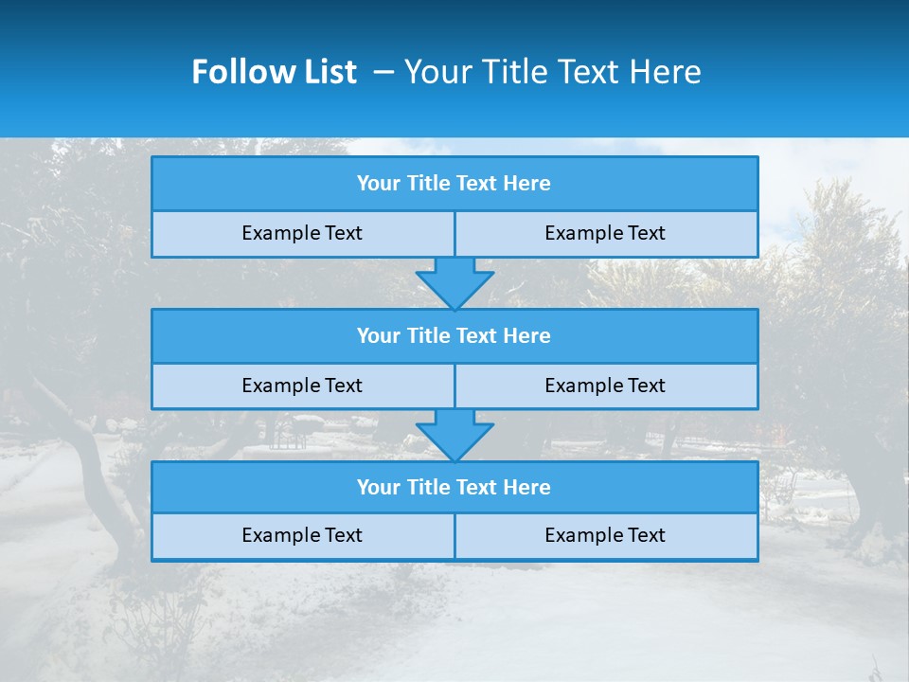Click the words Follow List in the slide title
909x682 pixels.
tap(274, 72)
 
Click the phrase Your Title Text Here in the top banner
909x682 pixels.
tap(552, 72)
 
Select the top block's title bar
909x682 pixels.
tap(454, 184)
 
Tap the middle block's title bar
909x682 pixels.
tap(454, 336)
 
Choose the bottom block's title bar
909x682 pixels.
tap(454, 488)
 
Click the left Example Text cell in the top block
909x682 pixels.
tap(303, 234)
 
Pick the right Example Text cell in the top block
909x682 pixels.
tap(606, 234)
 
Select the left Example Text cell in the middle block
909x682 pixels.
tap(303, 386)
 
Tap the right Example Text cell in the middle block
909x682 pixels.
tap(606, 386)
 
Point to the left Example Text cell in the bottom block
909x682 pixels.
tap(303, 536)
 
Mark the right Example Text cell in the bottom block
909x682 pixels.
tap(606, 536)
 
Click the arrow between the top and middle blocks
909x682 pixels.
tap(454, 283)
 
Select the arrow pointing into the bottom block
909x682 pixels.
tap(454, 436)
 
